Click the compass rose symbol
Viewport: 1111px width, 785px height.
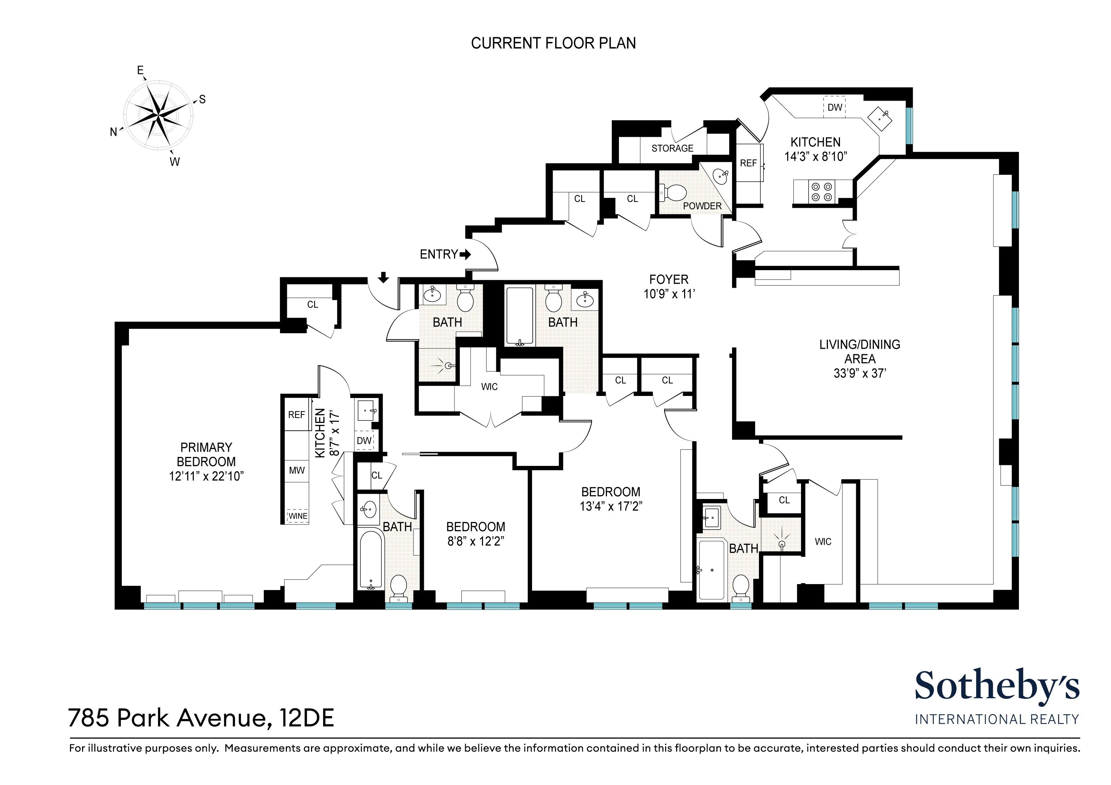click(x=158, y=115)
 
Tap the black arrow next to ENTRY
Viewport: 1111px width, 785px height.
click(x=465, y=254)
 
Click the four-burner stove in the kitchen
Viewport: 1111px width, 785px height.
click(x=822, y=192)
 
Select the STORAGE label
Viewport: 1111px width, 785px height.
click(x=672, y=149)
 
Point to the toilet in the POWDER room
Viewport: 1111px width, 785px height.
click(x=675, y=193)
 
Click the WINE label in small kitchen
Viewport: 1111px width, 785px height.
click(x=298, y=516)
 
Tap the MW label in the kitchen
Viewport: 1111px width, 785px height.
click(x=297, y=470)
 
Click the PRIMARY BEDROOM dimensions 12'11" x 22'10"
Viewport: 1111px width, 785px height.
click(x=206, y=477)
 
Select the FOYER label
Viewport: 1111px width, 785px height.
click(x=669, y=279)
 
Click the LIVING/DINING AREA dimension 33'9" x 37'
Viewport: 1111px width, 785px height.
click(x=859, y=374)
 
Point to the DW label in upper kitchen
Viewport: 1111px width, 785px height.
click(x=835, y=108)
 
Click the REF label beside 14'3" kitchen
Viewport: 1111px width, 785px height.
click(x=748, y=163)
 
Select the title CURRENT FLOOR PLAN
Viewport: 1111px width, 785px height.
click(x=553, y=43)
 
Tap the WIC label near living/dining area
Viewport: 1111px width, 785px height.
click(x=823, y=542)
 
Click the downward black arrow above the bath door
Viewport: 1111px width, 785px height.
click(x=383, y=277)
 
